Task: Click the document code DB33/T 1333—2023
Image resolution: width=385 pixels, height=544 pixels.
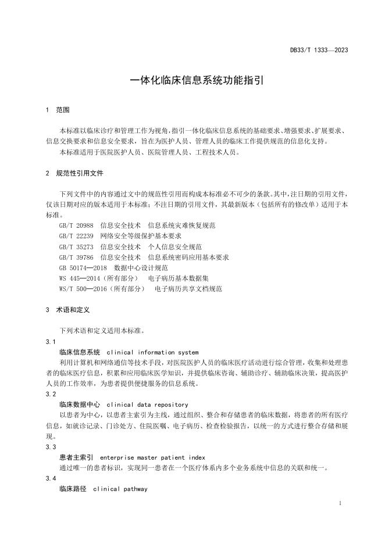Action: click(319, 51)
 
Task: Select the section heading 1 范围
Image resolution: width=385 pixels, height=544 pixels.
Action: click(58, 110)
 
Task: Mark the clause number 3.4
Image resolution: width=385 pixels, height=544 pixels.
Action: click(51, 478)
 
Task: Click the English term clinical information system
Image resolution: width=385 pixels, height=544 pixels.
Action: click(152, 352)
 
